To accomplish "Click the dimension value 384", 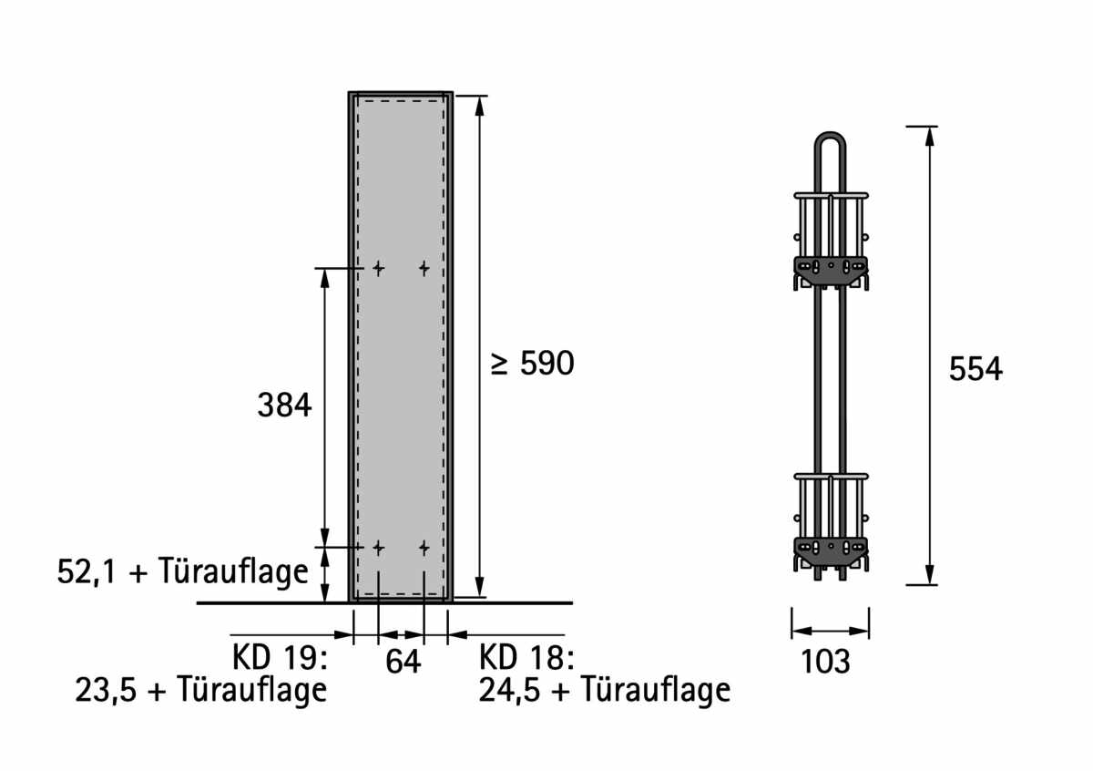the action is pos(284,405).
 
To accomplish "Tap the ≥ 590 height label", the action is pos(532,364).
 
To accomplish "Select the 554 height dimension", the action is pos(976,369).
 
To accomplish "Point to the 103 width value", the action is pos(825,662).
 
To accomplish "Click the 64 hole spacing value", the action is pos(403,662).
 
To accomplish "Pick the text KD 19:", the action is pos(280,657).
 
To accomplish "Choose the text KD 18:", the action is pos(526,657).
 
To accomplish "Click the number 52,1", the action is pos(87,571).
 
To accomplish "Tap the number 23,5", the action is pos(106,690).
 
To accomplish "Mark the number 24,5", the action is pos(509,690).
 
